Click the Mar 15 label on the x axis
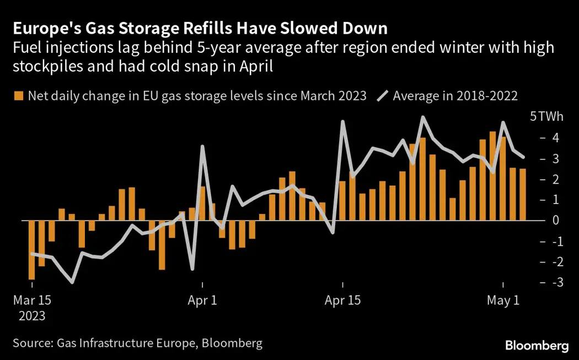[x=32, y=301]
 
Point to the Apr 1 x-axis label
[x=202, y=301]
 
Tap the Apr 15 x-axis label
[x=342, y=301]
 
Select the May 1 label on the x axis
[x=503, y=301]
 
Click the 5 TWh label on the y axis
[x=543, y=117]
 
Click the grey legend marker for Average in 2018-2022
[x=382, y=96]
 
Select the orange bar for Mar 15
[x=32, y=250]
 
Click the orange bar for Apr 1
[x=202, y=203]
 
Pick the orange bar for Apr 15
[x=342, y=201]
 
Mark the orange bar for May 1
[x=503, y=179]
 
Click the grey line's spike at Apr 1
[x=202, y=146]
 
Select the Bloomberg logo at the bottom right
[x=537, y=346]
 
